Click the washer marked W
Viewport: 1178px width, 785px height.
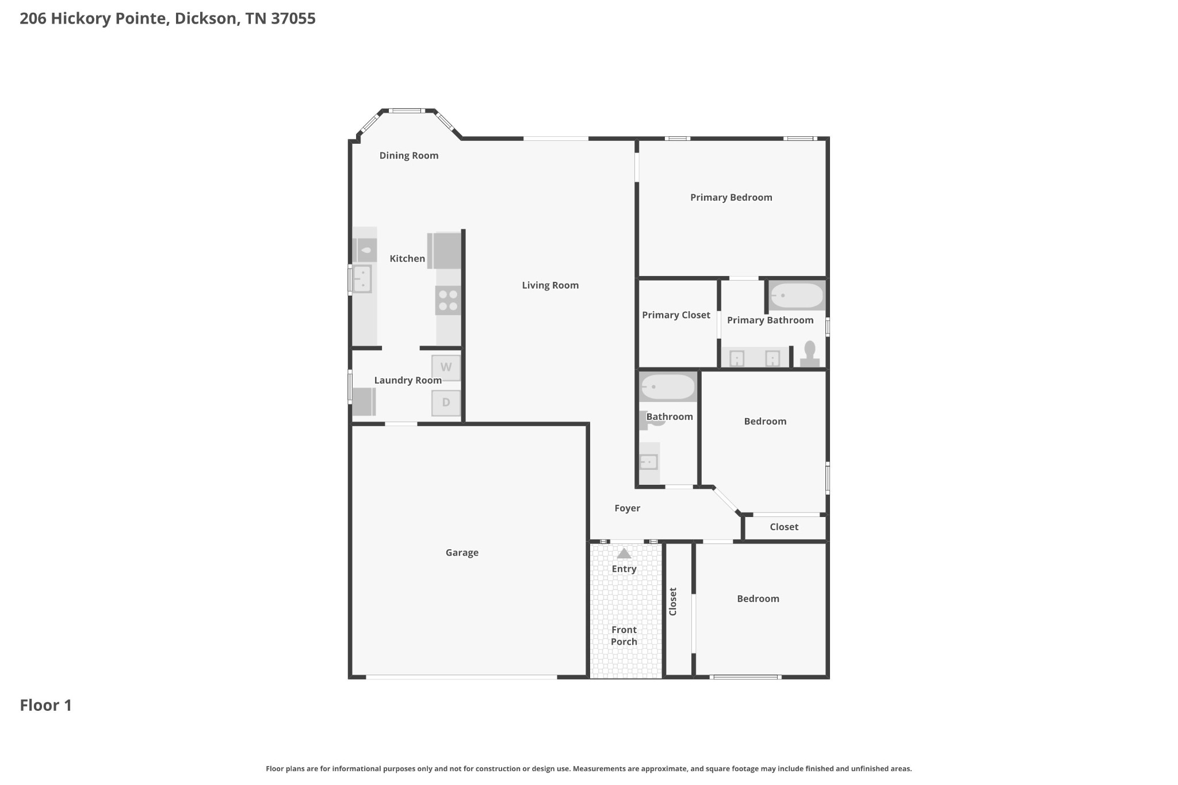click(446, 367)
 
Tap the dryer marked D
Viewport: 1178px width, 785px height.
click(446, 403)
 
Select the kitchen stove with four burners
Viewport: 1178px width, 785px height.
click(448, 300)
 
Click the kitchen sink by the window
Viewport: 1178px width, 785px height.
click(362, 279)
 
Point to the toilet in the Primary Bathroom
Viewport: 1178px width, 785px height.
click(810, 354)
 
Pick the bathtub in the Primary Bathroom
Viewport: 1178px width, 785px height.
click(797, 296)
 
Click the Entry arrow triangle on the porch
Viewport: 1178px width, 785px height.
click(624, 553)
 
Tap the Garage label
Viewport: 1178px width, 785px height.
click(462, 553)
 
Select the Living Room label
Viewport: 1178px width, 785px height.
click(550, 285)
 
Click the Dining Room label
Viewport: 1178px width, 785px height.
click(409, 155)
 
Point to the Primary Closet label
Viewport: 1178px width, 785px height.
click(676, 315)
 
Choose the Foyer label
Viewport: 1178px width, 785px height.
click(627, 508)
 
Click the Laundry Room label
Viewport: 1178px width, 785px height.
click(408, 380)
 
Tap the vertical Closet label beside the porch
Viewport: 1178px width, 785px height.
click(673, 602)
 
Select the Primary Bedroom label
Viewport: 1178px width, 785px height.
click(731, 197)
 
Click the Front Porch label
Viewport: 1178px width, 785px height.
click(624, 635)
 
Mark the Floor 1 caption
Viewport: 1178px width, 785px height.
click(46, 705)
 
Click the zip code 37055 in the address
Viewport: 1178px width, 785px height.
click(293, 18)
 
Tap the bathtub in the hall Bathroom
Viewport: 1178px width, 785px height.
click(668, 387)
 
